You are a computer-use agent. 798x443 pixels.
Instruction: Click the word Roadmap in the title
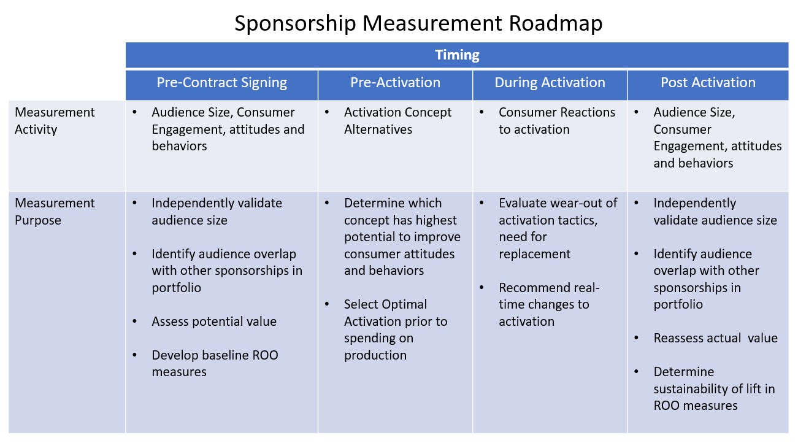(x=555, y=23)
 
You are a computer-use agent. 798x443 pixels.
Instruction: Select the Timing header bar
(x=457, y=55)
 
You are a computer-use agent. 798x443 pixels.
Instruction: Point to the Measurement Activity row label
(x=55, y=121)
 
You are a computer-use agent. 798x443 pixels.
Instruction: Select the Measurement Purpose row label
(x=55, y=212)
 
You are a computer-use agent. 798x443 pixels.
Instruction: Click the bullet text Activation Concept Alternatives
(x=397, y=121)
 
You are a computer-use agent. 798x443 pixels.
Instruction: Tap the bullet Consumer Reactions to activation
(x=557, y=121)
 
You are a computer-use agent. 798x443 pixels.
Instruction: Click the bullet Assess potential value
(x=214, y=322)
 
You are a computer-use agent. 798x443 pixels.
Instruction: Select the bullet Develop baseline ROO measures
(x=215, y=363)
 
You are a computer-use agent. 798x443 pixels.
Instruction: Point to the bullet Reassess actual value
(x=715, y=338)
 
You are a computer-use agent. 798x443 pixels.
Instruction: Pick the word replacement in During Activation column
(x=534, y=254)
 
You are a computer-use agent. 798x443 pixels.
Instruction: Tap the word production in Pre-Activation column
(x=375, y=355)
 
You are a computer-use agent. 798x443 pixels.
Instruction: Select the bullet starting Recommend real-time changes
(x=549, y=304)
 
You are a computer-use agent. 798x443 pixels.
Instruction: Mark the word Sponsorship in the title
(x=295, y=23)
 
